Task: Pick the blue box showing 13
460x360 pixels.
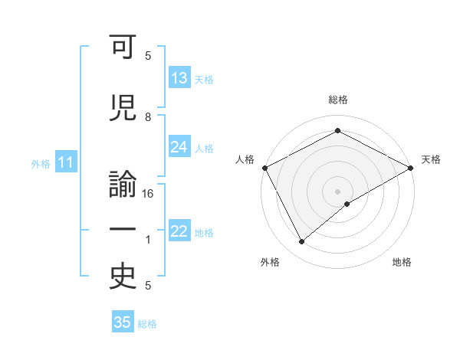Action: click(x=179, y=78)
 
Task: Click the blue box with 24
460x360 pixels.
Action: click(x=179, y=147)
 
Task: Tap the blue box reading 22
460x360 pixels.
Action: click(x=179, y=232)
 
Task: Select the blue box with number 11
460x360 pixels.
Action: click(x=65, y=162)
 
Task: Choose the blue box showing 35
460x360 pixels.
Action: click(x=123, y=322)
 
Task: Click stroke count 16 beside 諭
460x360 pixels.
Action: click(x=149, y=194)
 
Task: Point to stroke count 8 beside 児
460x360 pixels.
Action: click(x=148, y=116)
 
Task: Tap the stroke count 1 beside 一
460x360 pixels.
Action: click(x=148, y=240)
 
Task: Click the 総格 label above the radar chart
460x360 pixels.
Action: click(x=338, y=100)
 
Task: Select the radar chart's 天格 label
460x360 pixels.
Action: click(x=432, y=159)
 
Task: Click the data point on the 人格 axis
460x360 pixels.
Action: click(x=264, y=167)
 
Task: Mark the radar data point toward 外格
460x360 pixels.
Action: click(x=301, y=242)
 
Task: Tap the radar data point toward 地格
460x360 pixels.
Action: click(x=347, y=204)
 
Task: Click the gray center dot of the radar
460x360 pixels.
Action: click(x=338, y=191)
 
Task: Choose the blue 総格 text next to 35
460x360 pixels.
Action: click(x=147, y=324)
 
